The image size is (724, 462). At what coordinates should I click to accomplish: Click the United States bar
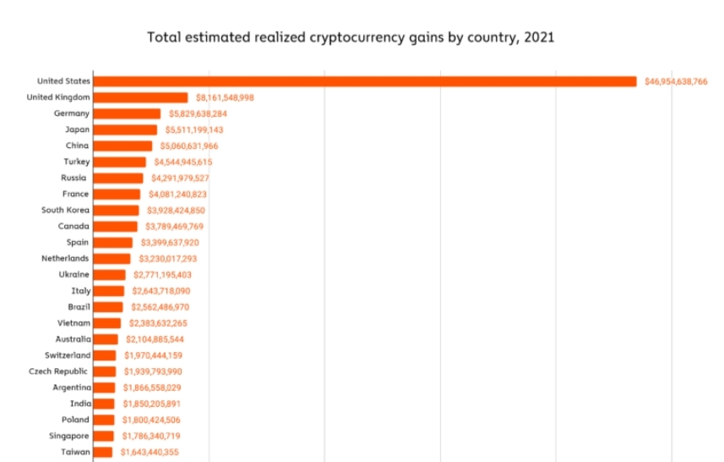point(364,81)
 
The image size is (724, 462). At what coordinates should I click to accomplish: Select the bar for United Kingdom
point(140,97)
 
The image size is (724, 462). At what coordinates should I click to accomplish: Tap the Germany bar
point(127,113)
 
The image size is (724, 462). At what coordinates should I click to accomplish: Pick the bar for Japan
point(125,129)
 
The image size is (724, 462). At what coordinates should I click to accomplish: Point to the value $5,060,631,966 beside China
point(189,146)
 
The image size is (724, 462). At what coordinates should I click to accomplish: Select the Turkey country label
point(77,162)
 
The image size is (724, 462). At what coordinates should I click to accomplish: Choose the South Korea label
point(66,210)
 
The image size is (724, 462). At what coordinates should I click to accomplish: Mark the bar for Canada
point(115,226)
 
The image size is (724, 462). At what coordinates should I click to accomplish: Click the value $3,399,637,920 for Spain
point(170,242)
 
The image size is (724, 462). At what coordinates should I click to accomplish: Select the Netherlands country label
point(66,258)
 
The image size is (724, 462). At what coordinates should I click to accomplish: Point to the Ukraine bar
point(109,274)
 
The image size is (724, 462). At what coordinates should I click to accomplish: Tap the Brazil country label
point(79,306)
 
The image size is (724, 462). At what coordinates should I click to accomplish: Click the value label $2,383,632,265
point(158,322)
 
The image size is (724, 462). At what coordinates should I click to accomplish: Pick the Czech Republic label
point(59,371)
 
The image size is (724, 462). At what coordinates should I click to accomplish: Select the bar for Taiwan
point(102,452)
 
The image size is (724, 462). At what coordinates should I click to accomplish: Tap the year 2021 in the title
point(538,37)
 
